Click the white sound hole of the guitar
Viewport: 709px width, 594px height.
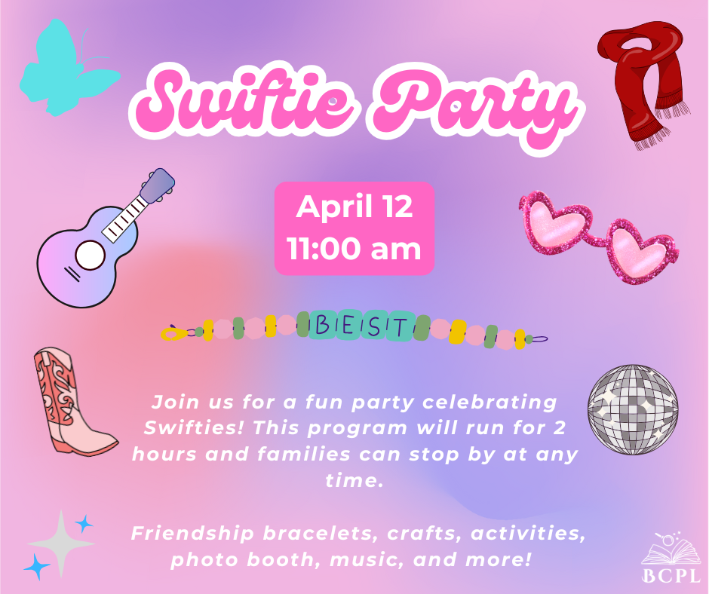[91, 255]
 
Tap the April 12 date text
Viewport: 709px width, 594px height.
[354, 207]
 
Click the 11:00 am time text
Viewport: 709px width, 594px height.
[354, 249]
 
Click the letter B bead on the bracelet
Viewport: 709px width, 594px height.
[322, 325]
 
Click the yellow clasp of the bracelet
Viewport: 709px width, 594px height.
[175, 334]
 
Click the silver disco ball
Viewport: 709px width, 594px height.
[633, 409]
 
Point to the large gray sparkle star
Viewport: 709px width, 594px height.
[61, 543]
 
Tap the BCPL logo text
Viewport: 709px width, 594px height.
[671, 575]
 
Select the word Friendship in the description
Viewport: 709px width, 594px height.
[192, 534]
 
